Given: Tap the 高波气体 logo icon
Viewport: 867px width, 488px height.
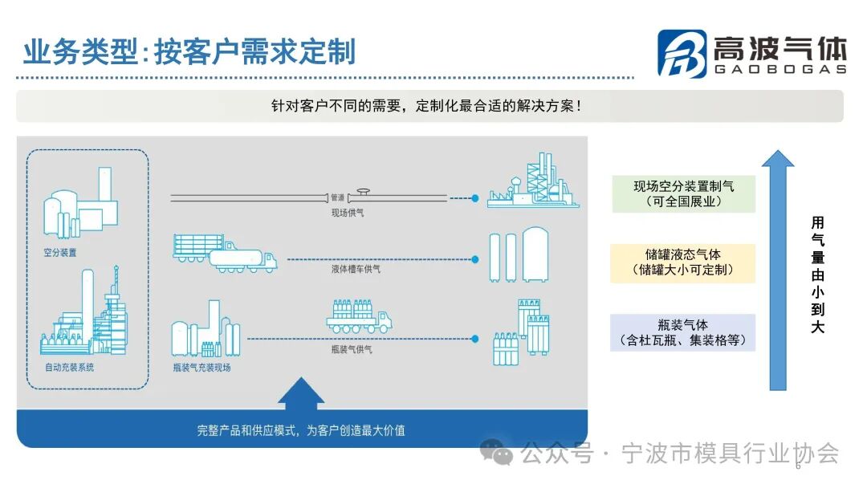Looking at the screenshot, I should (x=682, y=53).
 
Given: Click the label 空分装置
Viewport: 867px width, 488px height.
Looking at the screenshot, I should (x=60, y=252).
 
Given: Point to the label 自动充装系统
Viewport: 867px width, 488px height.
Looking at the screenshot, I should (x=69, y=367).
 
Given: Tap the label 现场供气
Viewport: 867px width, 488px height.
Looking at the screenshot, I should (x=348, y=213).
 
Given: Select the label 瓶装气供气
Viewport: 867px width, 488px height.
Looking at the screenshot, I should (x=352, y=349).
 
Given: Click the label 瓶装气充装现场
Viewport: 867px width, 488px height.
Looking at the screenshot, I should (x=201, y=367).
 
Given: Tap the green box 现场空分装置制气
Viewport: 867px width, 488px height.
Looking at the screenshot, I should (x=683, y=193).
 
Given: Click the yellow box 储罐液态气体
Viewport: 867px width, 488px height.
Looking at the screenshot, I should (x=682, y=262).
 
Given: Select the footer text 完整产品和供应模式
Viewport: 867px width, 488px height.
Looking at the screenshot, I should (x=301, y=430).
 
